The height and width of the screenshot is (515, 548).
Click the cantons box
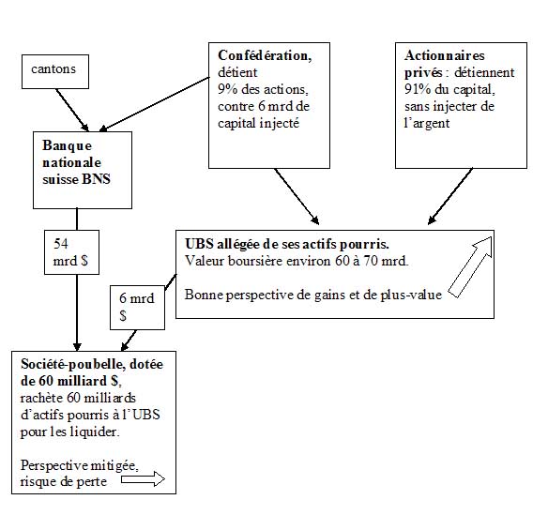55,71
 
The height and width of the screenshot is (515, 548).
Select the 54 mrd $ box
71,252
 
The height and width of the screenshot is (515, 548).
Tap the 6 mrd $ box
137,308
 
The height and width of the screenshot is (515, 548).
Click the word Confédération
265,55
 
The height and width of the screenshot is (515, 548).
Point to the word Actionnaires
445,55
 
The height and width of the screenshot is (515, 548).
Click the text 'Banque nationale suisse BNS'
76,162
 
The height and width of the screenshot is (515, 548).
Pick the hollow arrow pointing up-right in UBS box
470,267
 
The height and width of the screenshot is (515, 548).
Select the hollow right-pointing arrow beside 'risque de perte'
143,479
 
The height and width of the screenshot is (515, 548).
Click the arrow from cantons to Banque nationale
72,110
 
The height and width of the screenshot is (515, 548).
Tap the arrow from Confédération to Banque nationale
154,104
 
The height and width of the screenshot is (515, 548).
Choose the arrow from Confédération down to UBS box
297,196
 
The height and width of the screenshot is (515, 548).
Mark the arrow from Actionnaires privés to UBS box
450,196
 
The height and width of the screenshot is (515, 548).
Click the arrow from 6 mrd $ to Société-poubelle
129,341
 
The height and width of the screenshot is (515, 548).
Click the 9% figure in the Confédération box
228,89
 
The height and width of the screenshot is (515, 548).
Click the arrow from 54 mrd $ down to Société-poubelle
77,312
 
